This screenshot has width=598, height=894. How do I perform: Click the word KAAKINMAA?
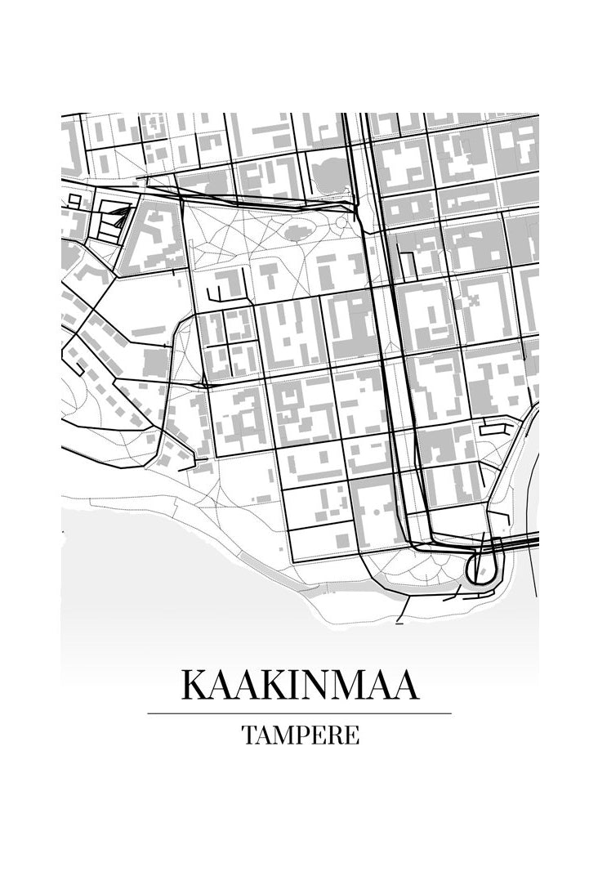(299, 685)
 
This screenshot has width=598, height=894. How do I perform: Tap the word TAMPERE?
(300, 735)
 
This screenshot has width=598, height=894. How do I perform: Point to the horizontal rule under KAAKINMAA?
(299, 713)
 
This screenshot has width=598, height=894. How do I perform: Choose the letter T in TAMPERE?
(248, 735)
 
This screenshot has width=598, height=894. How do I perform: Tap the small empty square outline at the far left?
(74, 199)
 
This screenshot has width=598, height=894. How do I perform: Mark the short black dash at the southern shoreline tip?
(400, 623)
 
